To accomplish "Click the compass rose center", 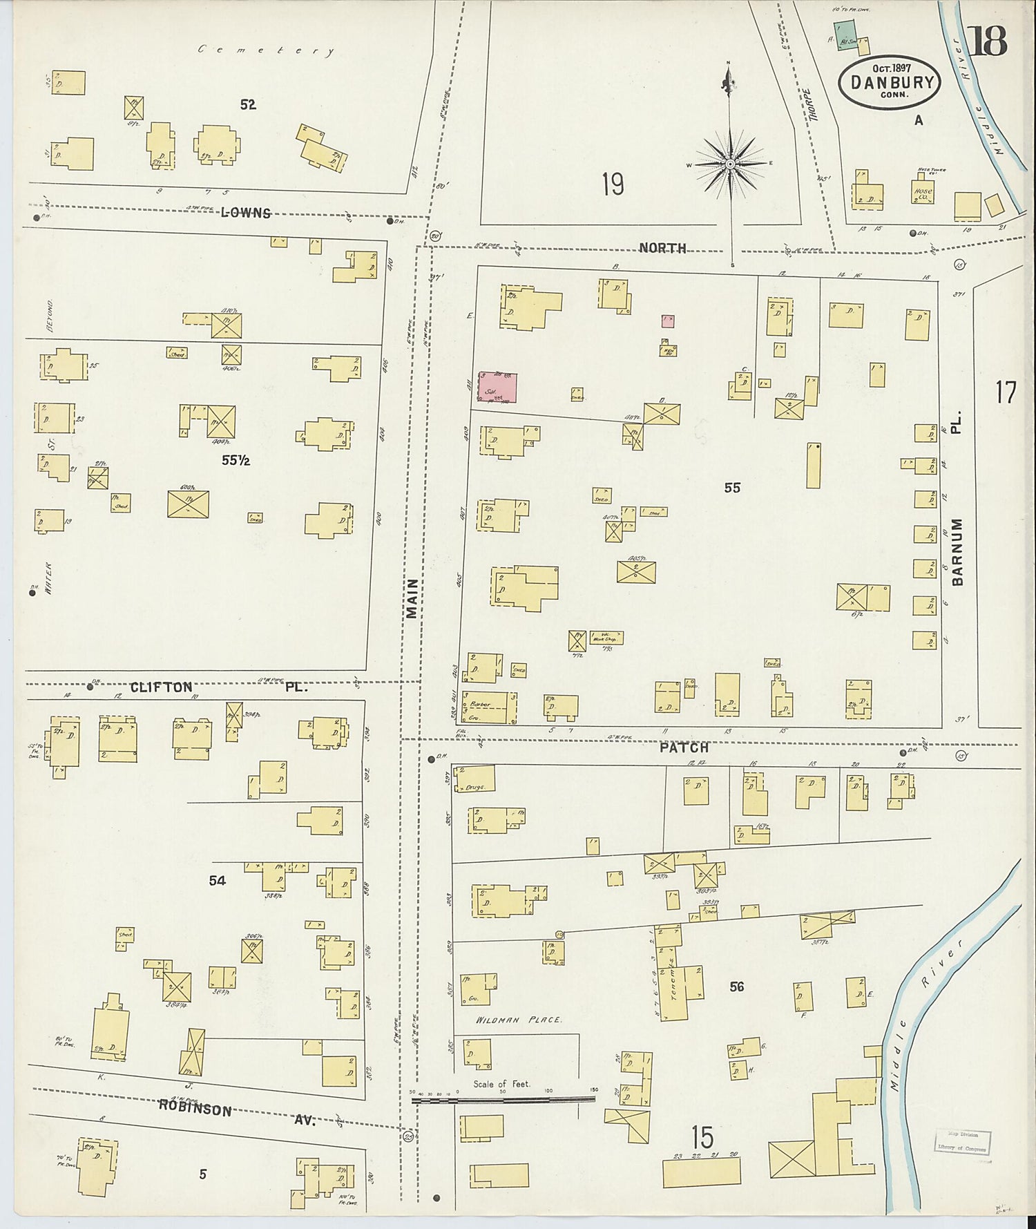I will tap(730, 164).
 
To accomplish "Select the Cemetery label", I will tap(266, 50).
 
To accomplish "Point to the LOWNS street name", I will tap(246, 213).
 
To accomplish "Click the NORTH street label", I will tap(662, 248).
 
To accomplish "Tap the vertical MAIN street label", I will tap(412, 598).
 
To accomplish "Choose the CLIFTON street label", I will tap(162, 687).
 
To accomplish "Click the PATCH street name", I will tap(684, 747).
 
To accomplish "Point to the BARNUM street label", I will tap(957, 552).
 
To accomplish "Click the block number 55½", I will tap(236, 460).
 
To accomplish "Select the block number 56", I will tap(737, 987).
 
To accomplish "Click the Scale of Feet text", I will tap(501, 1084).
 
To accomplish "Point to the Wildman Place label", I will tap(519, 1019).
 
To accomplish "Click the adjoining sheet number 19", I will tap(613, 184).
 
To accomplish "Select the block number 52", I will tap(248, 105).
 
